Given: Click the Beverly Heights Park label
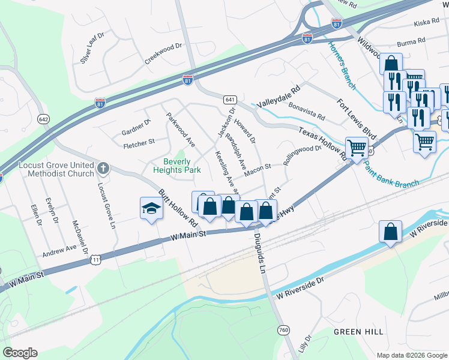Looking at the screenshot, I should (x=182, y=166).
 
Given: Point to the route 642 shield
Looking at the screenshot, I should (x=43, y=119).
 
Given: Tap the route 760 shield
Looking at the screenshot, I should (x=284, y=330).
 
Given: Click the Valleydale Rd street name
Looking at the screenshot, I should (x=278, y=96).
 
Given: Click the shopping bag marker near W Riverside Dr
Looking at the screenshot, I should (x=390, y=232).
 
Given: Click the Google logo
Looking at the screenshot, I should (x=20, y=353).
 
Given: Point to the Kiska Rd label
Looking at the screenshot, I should (x=427, y=23).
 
